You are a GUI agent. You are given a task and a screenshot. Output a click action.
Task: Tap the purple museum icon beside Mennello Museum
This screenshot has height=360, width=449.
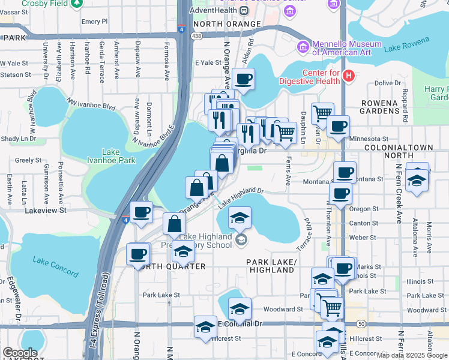pyautogui.click(x=303, y=46)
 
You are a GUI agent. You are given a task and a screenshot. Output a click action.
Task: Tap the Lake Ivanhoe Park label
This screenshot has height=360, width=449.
pyautogui.click(x=119, y=156)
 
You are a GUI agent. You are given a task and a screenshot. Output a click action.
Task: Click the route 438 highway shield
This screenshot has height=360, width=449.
pyautogui.click(x=196, y=37)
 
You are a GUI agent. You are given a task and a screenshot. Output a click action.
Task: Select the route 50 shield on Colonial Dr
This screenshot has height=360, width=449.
pyautogui.click(x=360, y=324)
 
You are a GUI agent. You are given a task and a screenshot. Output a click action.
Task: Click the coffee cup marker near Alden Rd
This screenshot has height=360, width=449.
pyautogui.click(x=243, y=79)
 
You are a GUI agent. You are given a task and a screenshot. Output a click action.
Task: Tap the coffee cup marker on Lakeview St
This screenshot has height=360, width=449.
pyautogui.click(x=142, y=212)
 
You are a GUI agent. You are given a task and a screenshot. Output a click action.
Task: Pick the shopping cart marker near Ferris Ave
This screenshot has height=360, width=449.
pyautogui.click(x=286, y=131)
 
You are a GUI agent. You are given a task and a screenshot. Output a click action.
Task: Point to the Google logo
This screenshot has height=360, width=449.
pyautogui.click(x=20, y=353)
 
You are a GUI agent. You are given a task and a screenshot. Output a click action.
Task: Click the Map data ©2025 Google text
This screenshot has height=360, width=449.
pyautogui.click(x=411, y=355)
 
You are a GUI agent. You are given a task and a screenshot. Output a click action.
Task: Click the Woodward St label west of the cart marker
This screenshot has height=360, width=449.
pyautogui.click(x=283, y=310)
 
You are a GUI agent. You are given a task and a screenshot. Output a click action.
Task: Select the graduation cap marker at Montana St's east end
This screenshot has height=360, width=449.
pyautogui.click(x=417, y=179)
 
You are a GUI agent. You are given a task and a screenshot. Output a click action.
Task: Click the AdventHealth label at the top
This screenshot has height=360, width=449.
pyautogui.click(x=213, y=10)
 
